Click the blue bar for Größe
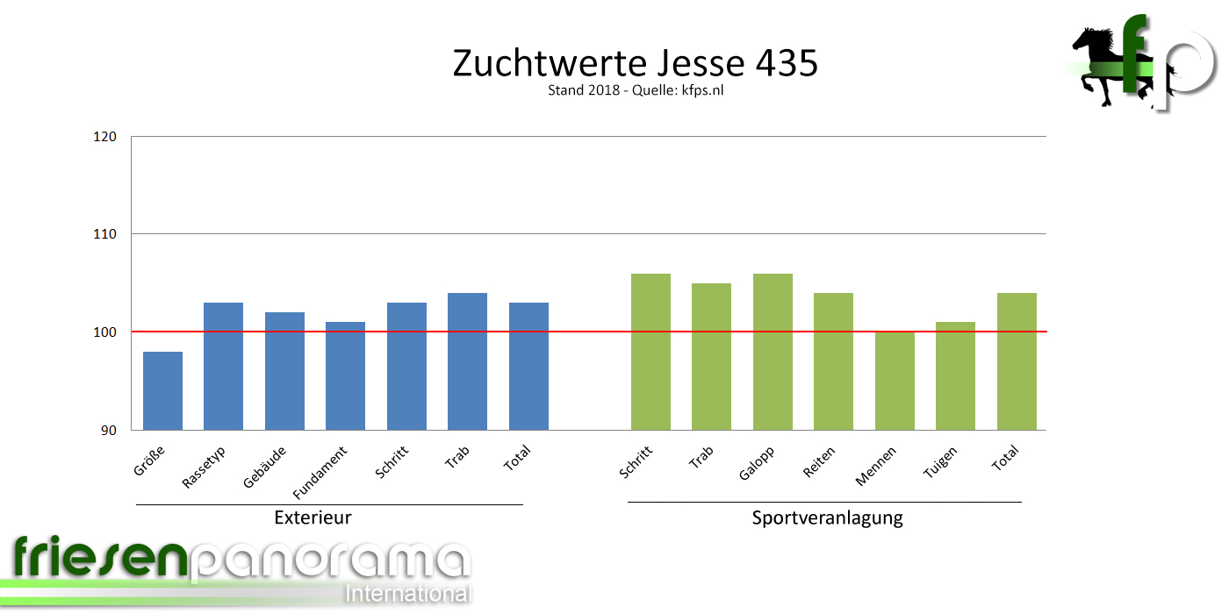point(162,390)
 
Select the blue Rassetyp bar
point(223,366)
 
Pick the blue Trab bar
point(467,361)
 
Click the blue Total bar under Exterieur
point(528,366)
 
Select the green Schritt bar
point(650,352)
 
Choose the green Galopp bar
point(773,352)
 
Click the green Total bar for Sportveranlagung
point(1017,361)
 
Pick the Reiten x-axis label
point(819,461)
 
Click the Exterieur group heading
point(313,518)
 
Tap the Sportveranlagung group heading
point(827,518)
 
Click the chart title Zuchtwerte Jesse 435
point(635,63)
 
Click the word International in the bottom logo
point(408,593)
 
